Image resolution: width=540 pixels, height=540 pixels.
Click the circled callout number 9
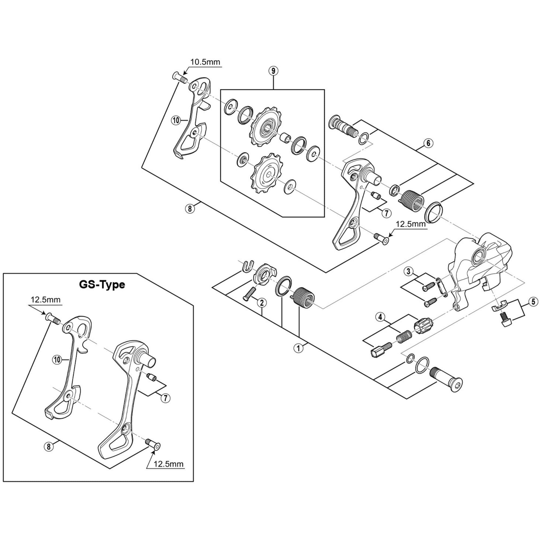pos(273,71)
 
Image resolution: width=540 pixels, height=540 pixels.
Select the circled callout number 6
pos(428,143)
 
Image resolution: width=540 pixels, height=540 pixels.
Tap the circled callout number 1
pos(298,348)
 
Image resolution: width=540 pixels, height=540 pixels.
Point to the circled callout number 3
pos(408,271)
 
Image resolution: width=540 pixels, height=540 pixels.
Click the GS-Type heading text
pos(102,285)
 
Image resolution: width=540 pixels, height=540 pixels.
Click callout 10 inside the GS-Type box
pos(57,360)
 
